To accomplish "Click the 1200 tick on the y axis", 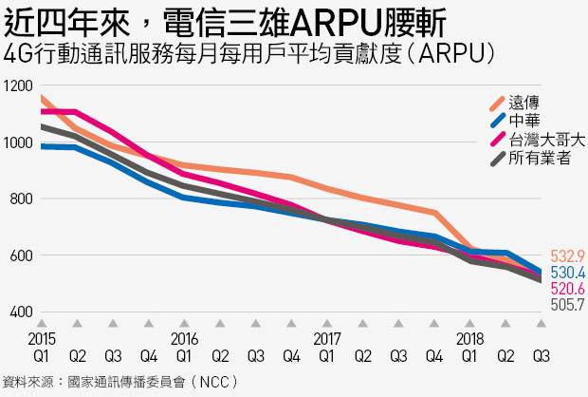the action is [x=18, y=86].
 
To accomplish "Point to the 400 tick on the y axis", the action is [x=22, y=312].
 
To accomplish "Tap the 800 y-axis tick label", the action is [x=22, y=199].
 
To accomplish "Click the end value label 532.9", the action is [x=568, y=256].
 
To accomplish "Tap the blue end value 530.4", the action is [x=568, y=273].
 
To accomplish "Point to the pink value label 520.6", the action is [x=568, y=289].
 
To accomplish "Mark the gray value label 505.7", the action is [x=568, y=304].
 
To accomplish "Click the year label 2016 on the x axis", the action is [x=184, y=339].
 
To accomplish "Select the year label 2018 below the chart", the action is [x=469, y=339].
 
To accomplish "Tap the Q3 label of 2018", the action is [x=542, y=355].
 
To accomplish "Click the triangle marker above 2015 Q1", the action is [x=42, y=323].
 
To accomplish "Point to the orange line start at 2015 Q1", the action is [x=41, y=98].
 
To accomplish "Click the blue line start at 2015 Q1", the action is [x=41, y=146].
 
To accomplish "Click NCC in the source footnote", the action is [x=214, y=383].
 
